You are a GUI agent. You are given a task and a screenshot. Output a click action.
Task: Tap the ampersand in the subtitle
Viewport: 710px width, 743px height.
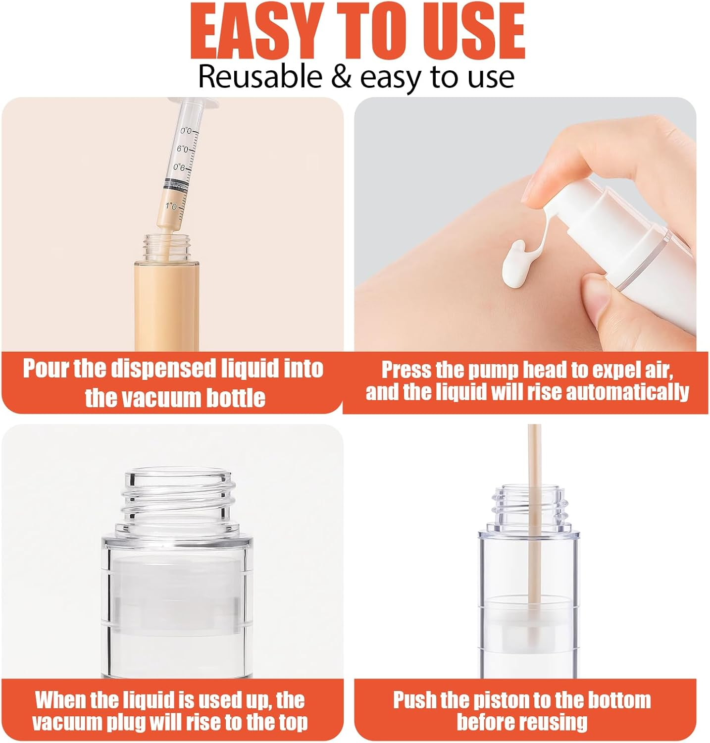(340, 77)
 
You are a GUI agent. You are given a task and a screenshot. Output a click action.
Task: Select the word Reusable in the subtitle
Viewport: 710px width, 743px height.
(260, 77)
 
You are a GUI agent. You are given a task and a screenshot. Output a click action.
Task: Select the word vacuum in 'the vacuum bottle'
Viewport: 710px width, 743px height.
(160, 398)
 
